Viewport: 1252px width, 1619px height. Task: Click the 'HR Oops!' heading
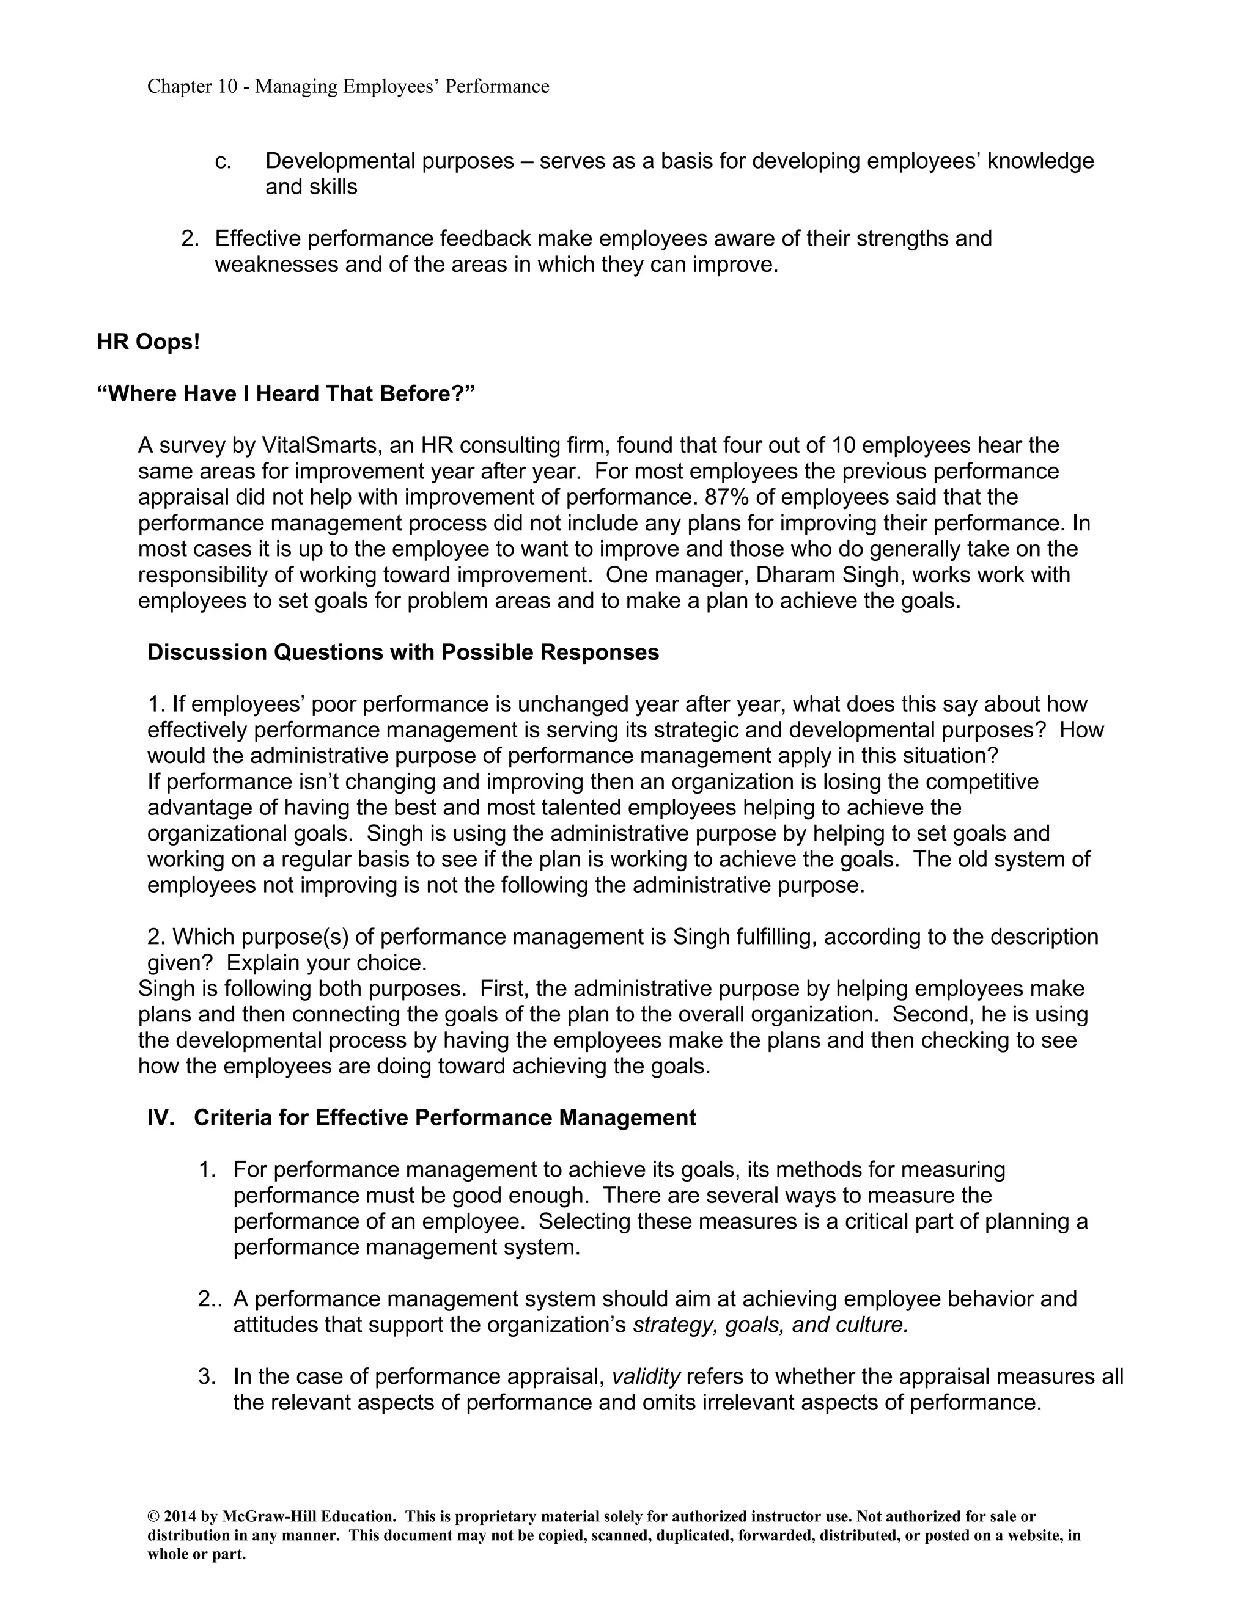click(149, 343)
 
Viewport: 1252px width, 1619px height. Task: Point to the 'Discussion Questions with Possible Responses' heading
click(403, 652)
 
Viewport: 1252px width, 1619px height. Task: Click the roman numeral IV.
click(160, 1118)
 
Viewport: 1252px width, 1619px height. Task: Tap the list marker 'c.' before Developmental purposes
click(223, 162)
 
